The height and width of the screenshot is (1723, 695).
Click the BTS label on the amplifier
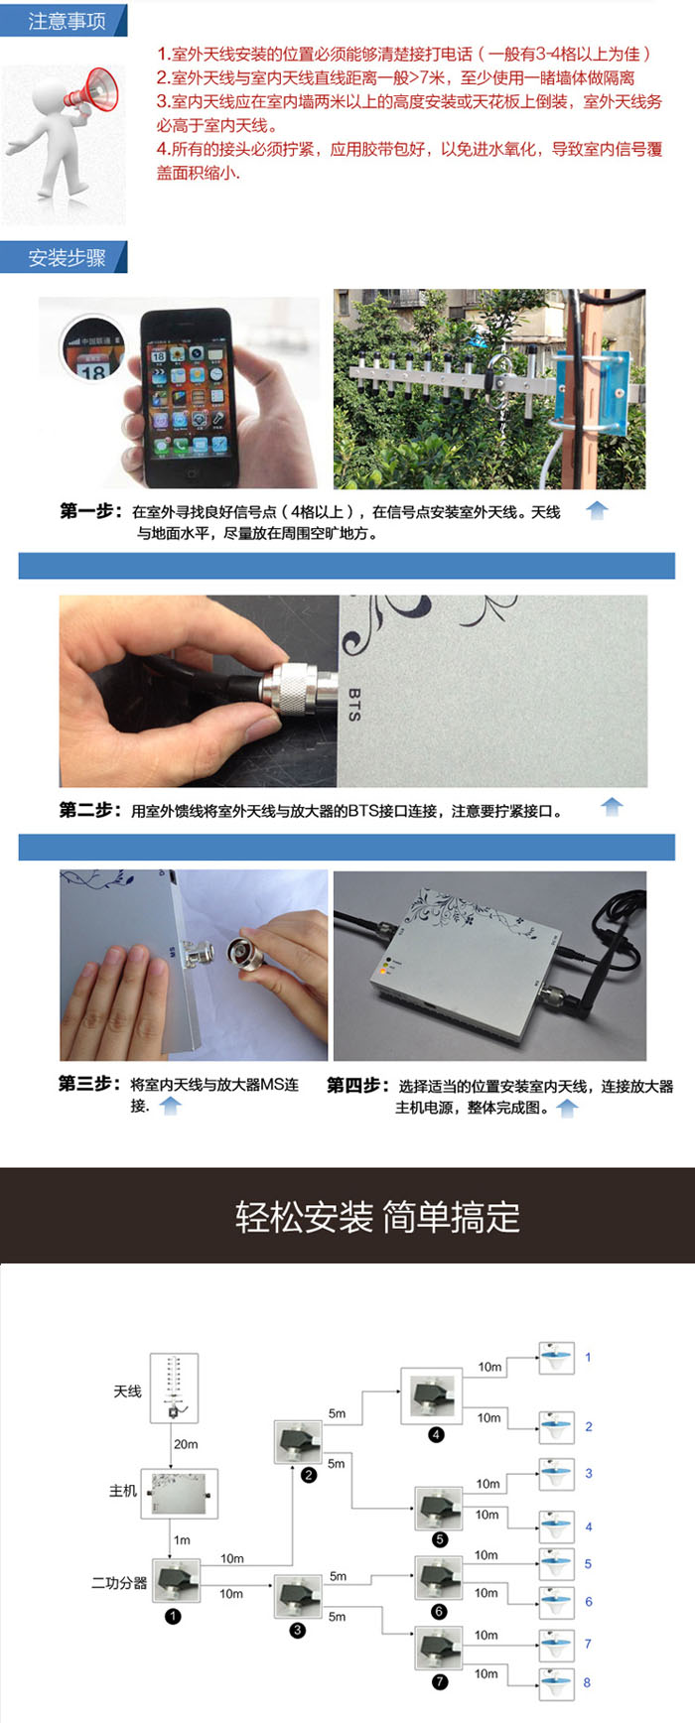(x=354, y=704)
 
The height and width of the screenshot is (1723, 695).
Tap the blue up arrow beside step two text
(x=612, y=807)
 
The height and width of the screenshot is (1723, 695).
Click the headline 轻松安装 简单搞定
(x=377, y=1217)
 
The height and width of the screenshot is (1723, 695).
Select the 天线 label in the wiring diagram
(x=127, y=1392)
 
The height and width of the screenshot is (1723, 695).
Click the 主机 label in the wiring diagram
(x=123, y=1491)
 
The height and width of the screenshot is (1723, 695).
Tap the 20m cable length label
(x=186, y=1444)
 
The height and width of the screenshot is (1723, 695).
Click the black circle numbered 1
(x=173, y=1616)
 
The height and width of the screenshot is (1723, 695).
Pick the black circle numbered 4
(x=436, y=1434)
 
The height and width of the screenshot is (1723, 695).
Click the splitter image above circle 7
(x=439, y=1650)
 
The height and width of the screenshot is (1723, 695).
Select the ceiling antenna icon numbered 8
(x=557, y=1681)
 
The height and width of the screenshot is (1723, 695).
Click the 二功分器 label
(x=119, y=1583)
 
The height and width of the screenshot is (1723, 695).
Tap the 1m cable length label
(x=182, y=1540)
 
